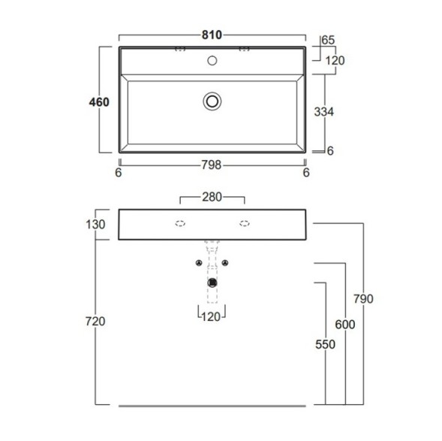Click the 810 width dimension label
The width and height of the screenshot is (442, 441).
(x=212, y=35)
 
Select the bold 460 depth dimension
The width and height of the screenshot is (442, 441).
(x=99, y=102)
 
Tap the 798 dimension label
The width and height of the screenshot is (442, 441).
(x=212, y=165)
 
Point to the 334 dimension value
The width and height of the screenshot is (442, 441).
(x=324, y=112)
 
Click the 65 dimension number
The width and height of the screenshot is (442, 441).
(x=328, y=40)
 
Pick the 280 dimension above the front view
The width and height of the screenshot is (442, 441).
(x=212, y=197)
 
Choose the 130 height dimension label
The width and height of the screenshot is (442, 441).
(x=95, y=225)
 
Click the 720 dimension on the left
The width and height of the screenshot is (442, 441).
(x=95, y=321)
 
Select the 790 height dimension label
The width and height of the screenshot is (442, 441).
(x=364, y=299)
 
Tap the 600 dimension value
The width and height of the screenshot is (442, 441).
(x=345, y=325)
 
